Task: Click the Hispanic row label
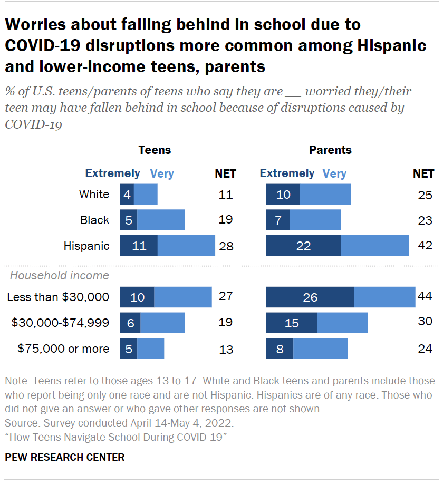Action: (86, 246)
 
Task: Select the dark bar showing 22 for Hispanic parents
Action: (303, 246)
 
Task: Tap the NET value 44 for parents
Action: (425, 296)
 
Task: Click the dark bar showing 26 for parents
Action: (310, 297)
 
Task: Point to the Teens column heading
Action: (155, 150)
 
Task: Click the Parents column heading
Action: (330, 150)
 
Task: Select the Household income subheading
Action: (60, 275)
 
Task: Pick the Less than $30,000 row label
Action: (58, 297)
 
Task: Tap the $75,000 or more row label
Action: (63, 349)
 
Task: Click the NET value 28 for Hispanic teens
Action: (226, 246)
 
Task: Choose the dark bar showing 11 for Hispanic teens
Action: (139, 246)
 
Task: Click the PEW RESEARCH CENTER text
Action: (65, 457)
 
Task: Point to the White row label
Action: (94, 194)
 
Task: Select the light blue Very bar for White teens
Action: (146, 195)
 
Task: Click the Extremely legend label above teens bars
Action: (113, 173)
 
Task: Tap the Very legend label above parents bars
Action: (334, 173)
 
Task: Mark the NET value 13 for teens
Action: (226, 349)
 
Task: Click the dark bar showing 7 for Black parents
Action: (278, 220)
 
